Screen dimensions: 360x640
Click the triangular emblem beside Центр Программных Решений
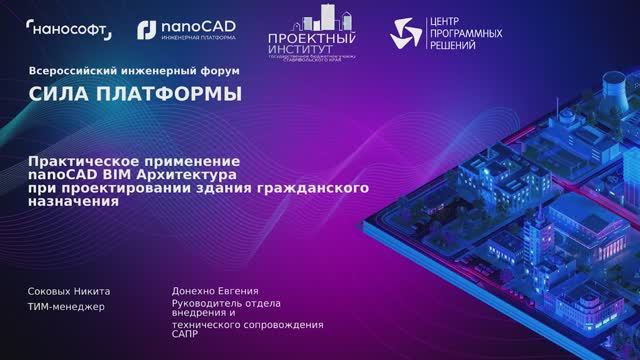[x=408, y=33]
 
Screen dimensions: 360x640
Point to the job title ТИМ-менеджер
[x=66, y=306]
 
